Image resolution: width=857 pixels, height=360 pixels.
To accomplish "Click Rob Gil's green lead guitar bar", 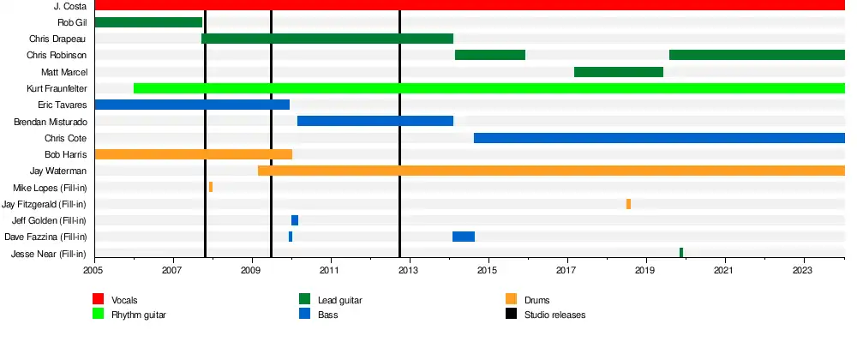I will (148, 22).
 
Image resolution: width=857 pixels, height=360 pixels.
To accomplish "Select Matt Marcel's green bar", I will (618, 72).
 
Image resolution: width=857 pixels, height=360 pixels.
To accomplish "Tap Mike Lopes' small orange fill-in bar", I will (211, 187).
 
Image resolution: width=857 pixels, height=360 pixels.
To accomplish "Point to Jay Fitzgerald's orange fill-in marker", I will (628, 204).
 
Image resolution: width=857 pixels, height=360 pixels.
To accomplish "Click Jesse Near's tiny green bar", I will (681, 253).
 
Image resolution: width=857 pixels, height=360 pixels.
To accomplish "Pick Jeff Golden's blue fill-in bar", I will (295, 220).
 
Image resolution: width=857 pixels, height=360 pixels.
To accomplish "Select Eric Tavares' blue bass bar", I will (192, 105).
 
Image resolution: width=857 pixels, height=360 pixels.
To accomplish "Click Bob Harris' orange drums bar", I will (193, 154).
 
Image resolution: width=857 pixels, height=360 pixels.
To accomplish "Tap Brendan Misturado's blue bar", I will (375, 121).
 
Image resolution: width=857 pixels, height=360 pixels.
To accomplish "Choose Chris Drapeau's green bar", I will (327, 39).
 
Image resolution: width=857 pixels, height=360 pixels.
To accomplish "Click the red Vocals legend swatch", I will (99, 299).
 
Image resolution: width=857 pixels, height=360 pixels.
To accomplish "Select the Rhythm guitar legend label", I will (139, 315).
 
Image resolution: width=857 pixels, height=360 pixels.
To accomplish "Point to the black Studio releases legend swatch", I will (511, 315).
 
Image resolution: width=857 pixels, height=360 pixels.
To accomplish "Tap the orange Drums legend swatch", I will (511, 299).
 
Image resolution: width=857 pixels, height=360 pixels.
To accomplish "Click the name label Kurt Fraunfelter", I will (57, 88).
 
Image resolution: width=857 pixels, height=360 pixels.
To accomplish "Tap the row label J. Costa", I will (69, 6).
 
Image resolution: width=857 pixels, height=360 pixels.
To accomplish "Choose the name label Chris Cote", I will (65, 138).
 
